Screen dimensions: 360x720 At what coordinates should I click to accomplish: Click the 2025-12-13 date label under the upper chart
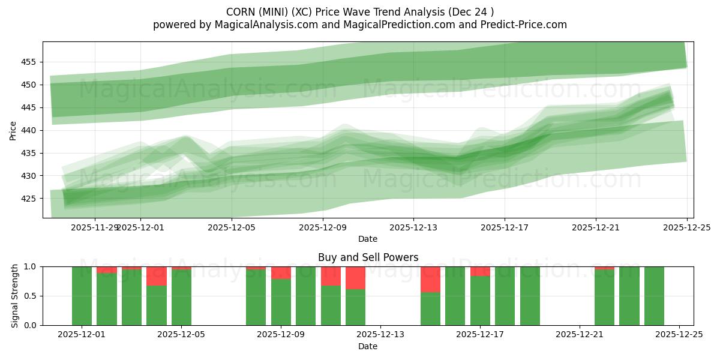pyautogui.click(x=413, y=227)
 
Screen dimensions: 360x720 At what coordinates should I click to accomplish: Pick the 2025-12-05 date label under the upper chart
pyautogui.click(x=231, y=227)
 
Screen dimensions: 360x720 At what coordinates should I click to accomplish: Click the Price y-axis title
pyautogui.click(x=13, y=130)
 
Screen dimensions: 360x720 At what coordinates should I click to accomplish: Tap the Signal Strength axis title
pyautogui.click(x=15, y=296)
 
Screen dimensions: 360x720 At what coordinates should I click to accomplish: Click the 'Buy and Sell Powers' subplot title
pyautogui.click(x=368, y=257)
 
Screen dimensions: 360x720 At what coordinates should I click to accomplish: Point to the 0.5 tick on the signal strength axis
pyautogui.click(x=31, y=296)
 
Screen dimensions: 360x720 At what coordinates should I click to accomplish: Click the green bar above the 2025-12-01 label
pyautogui.click(x=82, y=296)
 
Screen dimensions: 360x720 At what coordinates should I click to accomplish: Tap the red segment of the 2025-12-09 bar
pyautogui.click(x=281, y=272)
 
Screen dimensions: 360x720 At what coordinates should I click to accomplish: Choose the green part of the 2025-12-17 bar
pyautogui.click(x=480, y=301)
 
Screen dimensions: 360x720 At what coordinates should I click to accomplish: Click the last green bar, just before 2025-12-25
pyautogui.click(x=654, y=296)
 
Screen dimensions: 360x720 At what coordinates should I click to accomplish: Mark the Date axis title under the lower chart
pyautogui.click(x=368, y=346)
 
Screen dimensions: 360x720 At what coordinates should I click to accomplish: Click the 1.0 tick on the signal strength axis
pyautogui.click(x=31, y=266)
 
